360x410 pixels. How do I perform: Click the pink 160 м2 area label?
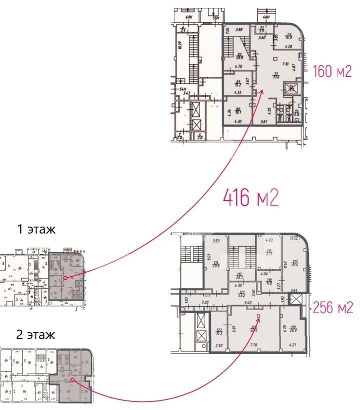(332, 72)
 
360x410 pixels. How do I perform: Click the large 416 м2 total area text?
(250, 198)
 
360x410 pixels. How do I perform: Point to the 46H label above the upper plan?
(266, 17)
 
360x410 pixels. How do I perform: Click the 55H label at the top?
(216, 18)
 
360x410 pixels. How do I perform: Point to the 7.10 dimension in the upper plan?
(285, 64)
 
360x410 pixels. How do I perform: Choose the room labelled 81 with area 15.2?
(238, 83)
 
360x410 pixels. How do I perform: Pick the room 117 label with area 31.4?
(295, 263)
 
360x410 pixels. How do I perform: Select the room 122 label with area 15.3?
(219, 331)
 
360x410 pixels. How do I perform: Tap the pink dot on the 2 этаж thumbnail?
(72, 380)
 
